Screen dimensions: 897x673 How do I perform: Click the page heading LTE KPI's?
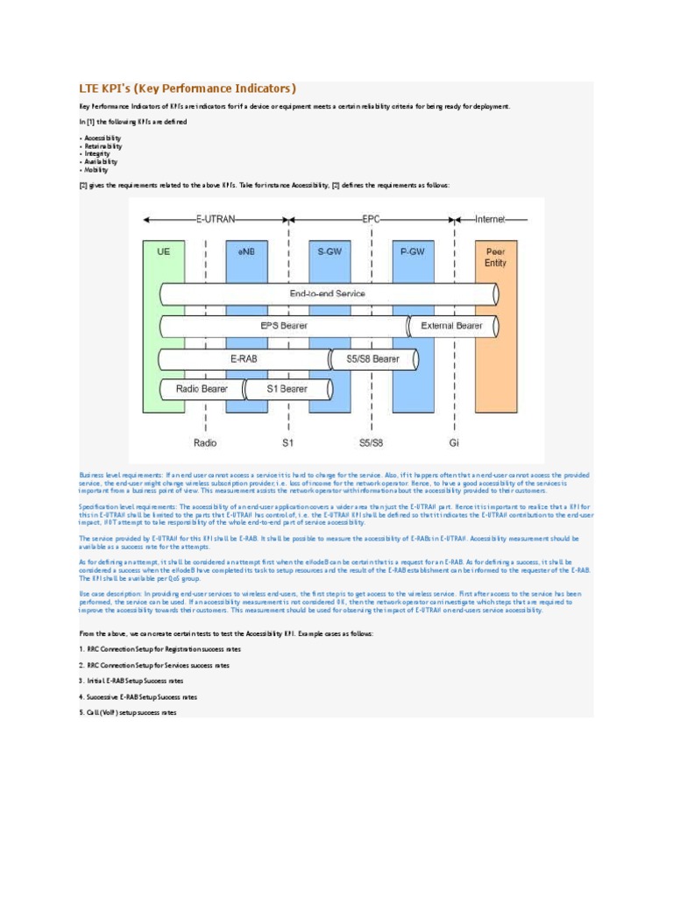[188, 88]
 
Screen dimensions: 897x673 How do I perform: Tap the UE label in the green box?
[163, 251]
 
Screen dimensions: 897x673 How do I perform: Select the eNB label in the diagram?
[246, 251]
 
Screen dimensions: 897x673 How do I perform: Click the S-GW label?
[329, 251]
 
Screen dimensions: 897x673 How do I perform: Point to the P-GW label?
[412, 251]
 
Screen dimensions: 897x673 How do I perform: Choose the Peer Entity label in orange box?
[495, 257]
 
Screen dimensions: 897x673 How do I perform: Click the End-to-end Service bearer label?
[327, 294]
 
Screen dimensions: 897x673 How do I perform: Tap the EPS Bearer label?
[284, 326]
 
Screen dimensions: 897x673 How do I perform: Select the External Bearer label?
[451, 326]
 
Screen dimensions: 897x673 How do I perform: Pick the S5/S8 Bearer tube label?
[372, 358]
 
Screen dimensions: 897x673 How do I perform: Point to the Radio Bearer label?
[202, 389]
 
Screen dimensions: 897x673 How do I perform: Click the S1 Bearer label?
[287, 389]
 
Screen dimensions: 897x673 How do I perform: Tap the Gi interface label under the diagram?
[454, 442]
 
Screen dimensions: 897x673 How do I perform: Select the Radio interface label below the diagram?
[205, 442]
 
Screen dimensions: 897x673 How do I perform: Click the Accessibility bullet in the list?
[101, 138]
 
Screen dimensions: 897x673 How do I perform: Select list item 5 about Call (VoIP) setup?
[127, 713]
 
